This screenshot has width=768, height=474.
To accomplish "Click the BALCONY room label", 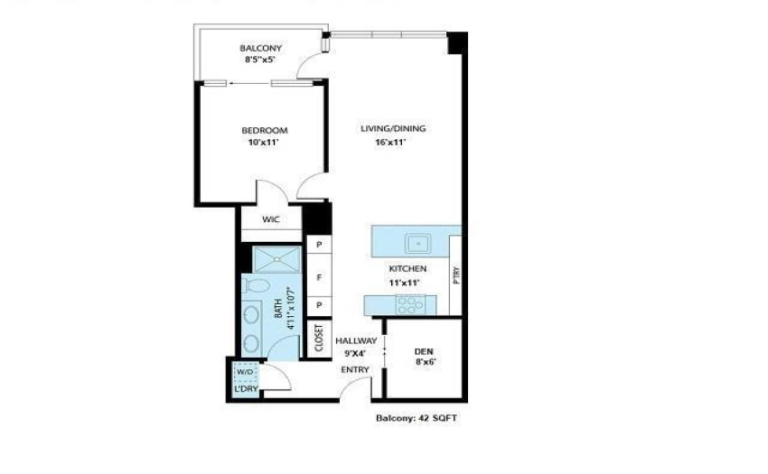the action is pos(260,48).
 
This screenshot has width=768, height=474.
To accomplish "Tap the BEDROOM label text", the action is pos(265,130).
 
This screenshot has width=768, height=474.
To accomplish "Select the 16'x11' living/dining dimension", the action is pos(391,143).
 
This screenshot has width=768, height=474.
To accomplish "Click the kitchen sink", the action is pos(417,244).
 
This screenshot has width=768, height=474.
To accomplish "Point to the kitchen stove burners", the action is pos(410,304).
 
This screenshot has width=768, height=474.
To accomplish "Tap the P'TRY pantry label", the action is pos(456,275).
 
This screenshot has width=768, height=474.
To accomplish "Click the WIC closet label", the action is pos(271,219).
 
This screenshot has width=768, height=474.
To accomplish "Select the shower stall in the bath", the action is pos(276,259).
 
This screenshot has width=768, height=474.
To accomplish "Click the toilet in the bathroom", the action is pos(256,285).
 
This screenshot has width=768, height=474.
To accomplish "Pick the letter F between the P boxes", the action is pos(319,278).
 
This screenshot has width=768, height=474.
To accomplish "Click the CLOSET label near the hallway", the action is pos(319,338).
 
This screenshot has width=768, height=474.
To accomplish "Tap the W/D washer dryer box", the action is pos(246,372).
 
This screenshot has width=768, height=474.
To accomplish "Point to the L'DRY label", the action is pos(247,389).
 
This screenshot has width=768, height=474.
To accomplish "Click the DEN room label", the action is pos(424,351).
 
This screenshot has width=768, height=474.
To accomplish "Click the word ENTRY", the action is pos(355,369).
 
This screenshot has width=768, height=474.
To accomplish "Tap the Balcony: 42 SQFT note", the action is pos(417,418).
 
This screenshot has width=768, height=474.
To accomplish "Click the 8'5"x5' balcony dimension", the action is pos(260,60).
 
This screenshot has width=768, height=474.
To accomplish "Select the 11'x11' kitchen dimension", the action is pos(405,283).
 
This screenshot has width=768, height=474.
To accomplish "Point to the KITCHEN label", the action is pos(407,268).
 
